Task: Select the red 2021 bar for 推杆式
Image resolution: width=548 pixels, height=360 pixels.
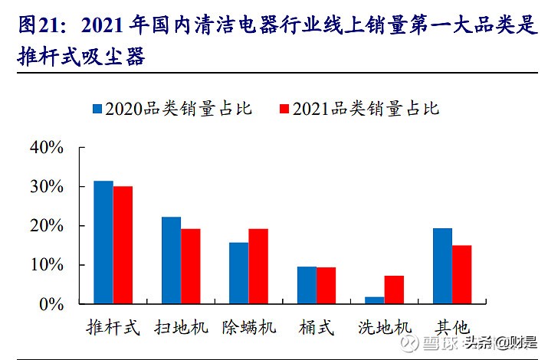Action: (123, 245)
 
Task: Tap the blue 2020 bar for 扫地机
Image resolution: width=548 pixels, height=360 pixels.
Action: (171, 260)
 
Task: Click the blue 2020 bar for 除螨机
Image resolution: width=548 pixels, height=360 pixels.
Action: (238, 273)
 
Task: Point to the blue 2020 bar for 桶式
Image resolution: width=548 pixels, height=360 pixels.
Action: (307, 285)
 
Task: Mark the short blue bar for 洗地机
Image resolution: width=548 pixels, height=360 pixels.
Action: (375, 300)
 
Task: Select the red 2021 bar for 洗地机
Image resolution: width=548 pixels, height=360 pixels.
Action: (394, 290)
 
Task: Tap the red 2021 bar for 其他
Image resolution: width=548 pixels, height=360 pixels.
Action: (461, 274)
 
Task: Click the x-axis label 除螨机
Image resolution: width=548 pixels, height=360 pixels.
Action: (249, 328)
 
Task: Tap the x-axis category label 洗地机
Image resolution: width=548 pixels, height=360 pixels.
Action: (385, 328)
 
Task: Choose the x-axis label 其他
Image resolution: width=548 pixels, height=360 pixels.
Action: (452, 328)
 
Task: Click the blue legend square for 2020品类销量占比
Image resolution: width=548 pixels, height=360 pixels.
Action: (97, 109)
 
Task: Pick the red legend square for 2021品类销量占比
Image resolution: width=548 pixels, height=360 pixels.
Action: (284, 109)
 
